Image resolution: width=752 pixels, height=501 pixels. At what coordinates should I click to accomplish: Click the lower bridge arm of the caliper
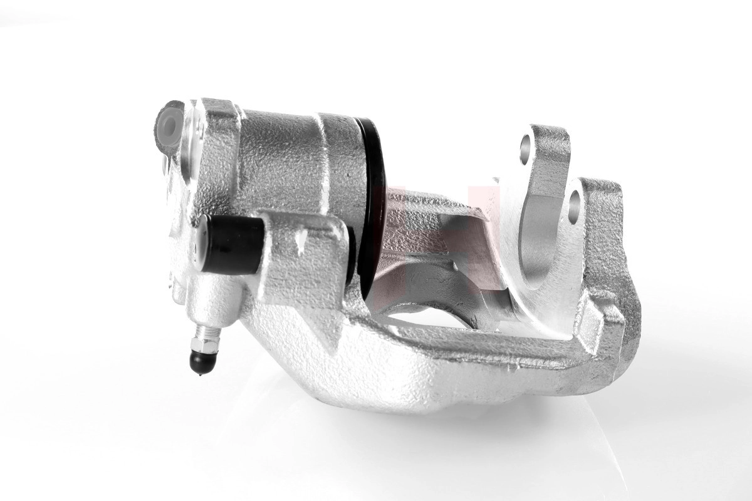point(439,369)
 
